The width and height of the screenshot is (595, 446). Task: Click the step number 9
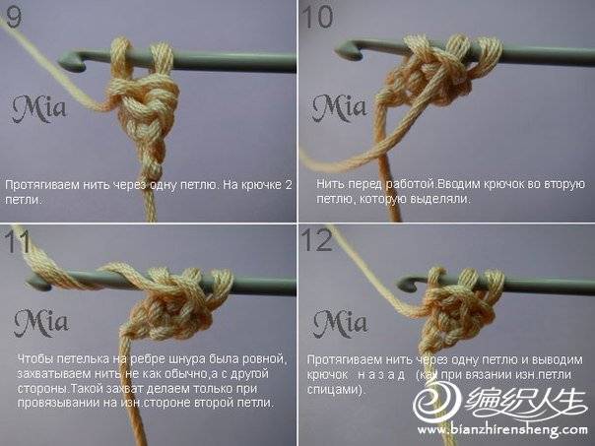click(14, 18)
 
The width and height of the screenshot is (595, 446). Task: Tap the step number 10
click(318, 18)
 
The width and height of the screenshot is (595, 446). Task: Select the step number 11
click(17, 241)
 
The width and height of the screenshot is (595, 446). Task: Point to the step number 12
click(317, 240)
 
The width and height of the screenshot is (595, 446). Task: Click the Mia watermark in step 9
click(39, 109)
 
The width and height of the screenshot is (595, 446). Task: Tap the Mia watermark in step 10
click(340, 108)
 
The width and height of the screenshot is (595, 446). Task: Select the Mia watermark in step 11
click(41, 323)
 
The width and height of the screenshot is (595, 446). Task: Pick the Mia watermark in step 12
click(341, 323)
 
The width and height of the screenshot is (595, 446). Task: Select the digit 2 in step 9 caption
click(289, 185)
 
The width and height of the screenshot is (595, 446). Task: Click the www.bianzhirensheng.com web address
click(502, 430)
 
